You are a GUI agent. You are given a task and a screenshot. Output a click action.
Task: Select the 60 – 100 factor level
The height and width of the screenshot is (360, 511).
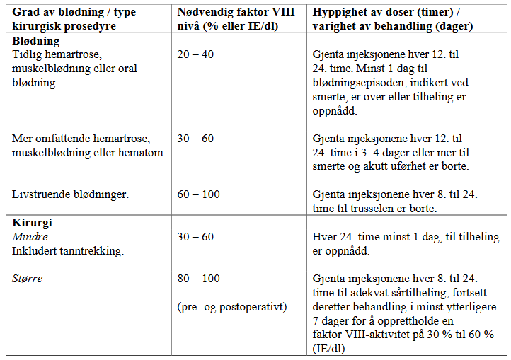pos(200,194)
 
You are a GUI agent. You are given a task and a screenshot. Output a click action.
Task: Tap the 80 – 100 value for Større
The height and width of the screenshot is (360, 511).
pos(200,278)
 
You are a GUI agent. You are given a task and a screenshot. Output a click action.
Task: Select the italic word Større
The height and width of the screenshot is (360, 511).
pos(28,278)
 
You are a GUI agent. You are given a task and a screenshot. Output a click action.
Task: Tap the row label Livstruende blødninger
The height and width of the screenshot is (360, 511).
pos(71,194)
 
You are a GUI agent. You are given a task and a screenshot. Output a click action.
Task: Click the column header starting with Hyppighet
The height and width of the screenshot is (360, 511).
pos(394,13)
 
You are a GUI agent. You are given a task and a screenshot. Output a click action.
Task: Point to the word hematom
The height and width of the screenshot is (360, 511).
pos(142,153)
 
